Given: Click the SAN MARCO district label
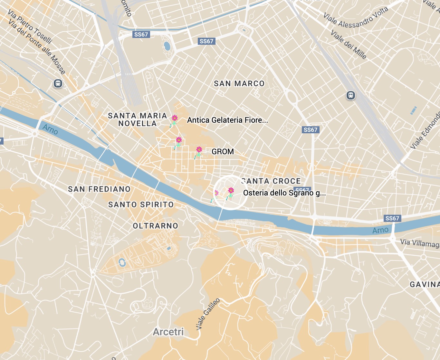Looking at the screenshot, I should [239, 84].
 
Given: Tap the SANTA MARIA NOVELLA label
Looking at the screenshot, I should [137, 119].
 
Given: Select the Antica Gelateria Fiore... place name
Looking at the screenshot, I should [227, 120].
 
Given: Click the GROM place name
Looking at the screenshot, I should [223, 152].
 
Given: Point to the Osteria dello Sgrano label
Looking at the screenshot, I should [284, 193].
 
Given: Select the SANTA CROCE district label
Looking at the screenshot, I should [271, 181].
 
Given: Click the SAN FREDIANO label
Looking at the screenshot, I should [99, 189].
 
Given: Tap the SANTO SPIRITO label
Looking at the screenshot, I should [141, 204].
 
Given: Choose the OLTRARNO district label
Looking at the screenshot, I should [155, 226].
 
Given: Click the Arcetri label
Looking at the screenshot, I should [168, 332].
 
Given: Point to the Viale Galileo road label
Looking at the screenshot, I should [208, 314].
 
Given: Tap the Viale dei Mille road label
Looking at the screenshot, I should [349, 44].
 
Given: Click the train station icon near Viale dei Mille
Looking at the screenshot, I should [350, 95].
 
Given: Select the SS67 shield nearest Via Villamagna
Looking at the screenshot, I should [392, 218].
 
